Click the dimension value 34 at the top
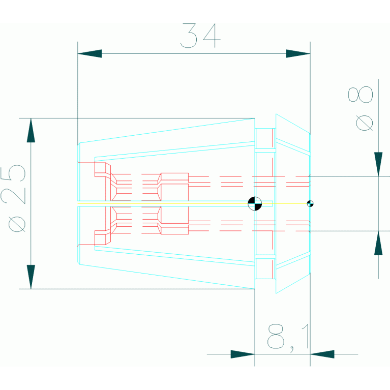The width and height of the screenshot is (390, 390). tap(200, 35)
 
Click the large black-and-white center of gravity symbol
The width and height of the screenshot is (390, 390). tap(254, 203)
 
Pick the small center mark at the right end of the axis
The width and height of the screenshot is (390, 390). tap(310, 203)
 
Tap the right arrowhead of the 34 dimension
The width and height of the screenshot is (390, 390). tap(298, 53)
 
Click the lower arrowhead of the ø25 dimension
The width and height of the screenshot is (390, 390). tap(31, 277)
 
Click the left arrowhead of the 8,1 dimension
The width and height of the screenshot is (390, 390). tap(243, 354)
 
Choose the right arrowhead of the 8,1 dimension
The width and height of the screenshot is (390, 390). tap(322, 354)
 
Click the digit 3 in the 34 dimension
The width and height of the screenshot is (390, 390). tap(189, 35)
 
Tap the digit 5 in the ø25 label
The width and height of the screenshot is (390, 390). tap(17, 173)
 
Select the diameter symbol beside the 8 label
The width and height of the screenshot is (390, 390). tap(365, 123)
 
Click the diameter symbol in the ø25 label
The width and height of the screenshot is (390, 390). tap(17, 223)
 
